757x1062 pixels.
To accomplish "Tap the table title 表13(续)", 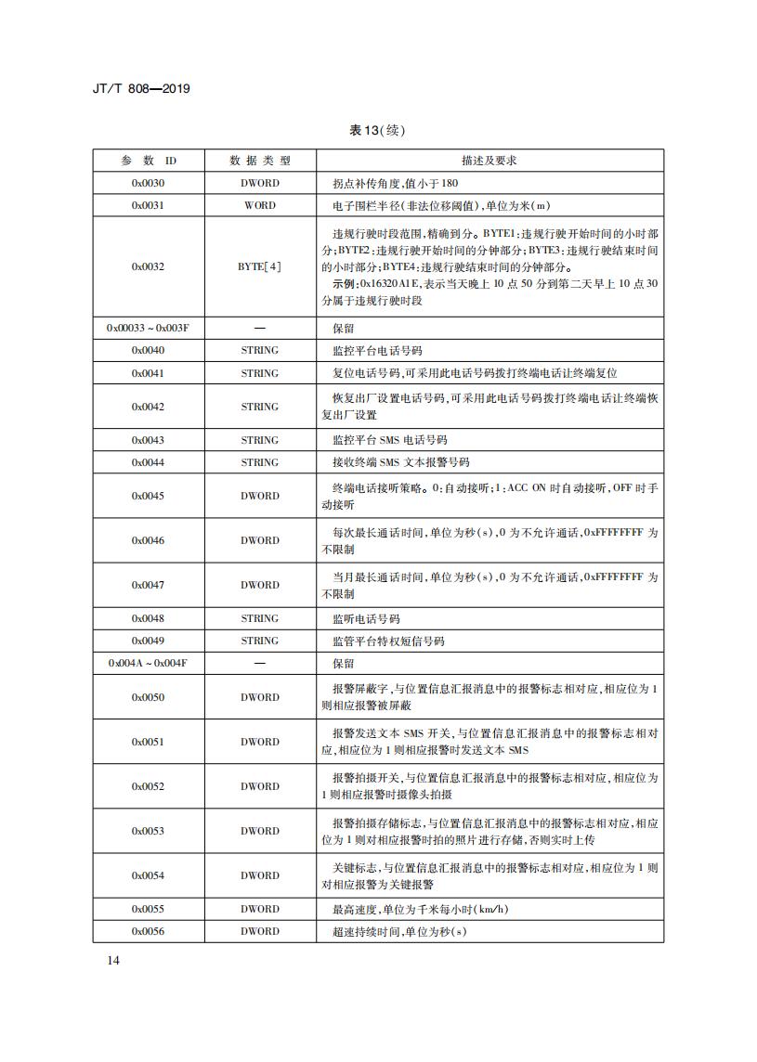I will coord(377,130).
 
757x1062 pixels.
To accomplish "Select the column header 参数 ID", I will coord(148,161).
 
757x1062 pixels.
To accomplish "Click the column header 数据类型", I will coord(259,161).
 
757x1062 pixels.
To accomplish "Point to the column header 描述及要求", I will coord(489,161).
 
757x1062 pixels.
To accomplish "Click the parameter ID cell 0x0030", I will coord(148,183).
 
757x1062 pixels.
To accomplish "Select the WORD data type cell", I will coord(259,205).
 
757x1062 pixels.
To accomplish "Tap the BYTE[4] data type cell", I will coord(259,267).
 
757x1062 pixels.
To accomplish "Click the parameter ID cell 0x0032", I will coord(148,267).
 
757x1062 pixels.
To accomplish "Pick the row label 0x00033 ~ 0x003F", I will coord(148,329).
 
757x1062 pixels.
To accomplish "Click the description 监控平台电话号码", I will coord(377,351).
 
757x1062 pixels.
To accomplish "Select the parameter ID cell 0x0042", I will coord(148,407).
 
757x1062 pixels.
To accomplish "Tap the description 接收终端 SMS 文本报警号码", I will coord(400,462).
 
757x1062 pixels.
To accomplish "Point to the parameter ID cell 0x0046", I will coord(148,540).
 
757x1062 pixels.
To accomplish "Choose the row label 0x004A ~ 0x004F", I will coord(148,664).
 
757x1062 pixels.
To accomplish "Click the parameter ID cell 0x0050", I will coord(148,697).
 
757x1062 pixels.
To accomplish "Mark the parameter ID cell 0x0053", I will coord(148,831).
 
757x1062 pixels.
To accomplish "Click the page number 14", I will coord(101,960).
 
